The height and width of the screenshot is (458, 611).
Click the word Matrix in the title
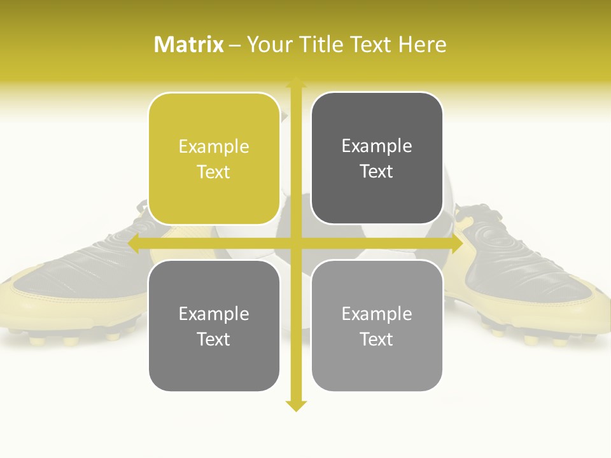[x=188, y=45]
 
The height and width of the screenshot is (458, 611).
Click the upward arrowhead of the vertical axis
[x=296, y=83]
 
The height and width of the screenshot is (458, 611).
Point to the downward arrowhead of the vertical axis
[x=296, y=405]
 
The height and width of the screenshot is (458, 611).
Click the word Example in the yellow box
[x=214, y=147]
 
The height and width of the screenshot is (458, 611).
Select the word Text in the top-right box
[x=377, y=172]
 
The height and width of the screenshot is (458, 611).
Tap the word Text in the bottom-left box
[x=214, y=339]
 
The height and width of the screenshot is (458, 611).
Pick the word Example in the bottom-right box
[x=377, y=314]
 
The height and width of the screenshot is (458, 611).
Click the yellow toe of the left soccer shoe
[x=25, y=299]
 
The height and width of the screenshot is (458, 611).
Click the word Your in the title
[x=268, y=45]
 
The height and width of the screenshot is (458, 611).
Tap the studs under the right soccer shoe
[x=541, y=340]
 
